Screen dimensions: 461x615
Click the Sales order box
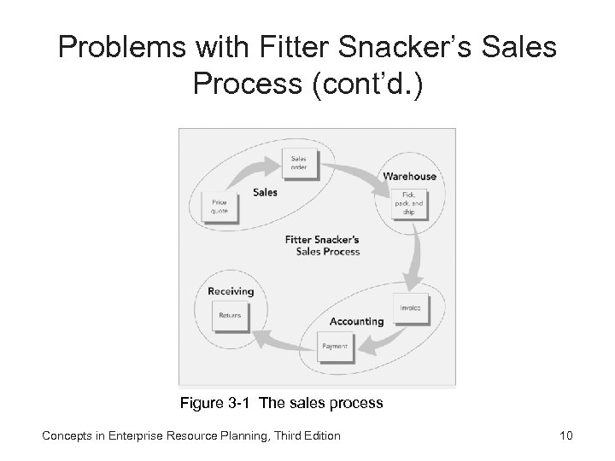pyautogui.click(x=301, y=163)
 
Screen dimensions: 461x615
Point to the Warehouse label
pyautogui.click(x=409, y=177)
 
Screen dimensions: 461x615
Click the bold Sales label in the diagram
pyautogui.click(x=265, y=193)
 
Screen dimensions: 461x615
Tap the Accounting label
pyautogui.click(x=356, y=322)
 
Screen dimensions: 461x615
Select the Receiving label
pyautogui.click(x=231, y=291)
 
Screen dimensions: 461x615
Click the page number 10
pyautogui.click(x=564, y=436)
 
